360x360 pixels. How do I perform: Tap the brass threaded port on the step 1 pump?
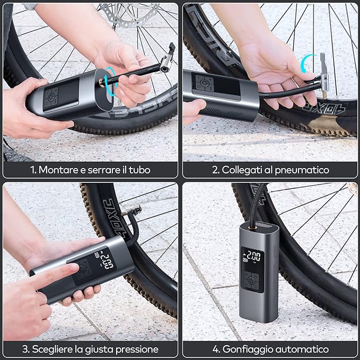[101, 83]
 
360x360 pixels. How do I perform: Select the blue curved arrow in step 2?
[307, 63]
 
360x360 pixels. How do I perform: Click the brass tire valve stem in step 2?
[324, 94]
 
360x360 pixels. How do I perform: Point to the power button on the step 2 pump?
[204, 83]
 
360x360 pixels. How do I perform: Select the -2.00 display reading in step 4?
[252, 257]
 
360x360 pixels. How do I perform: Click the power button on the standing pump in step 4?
[251, 280]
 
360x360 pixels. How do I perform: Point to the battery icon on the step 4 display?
[245, 260]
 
